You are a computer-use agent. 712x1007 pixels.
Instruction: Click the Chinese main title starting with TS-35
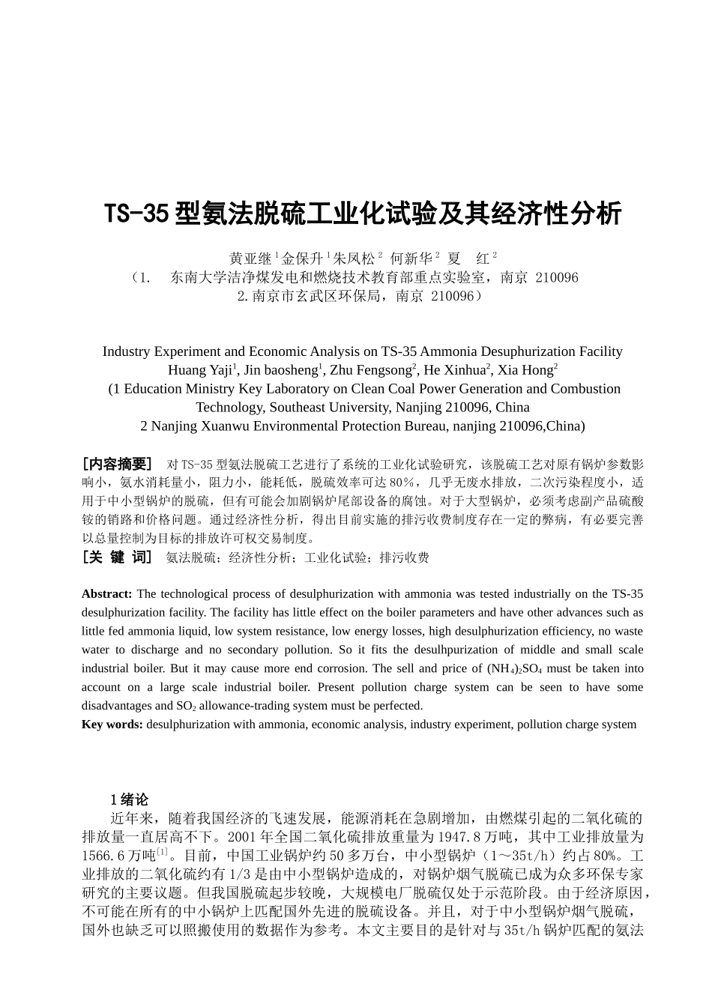click(x=362, y=214)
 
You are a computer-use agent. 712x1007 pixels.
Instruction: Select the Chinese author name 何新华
click(x=411, y=259)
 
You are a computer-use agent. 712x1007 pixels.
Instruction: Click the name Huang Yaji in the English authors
click(x=200, y=370)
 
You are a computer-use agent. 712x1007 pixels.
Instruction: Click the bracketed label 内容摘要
click(x=117, y=464)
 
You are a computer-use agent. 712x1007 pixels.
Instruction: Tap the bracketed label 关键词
click(x=117, y=557)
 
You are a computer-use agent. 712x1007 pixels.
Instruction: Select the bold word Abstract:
click(x=107, y=594)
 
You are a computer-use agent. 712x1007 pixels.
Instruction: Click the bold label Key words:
click(x=112, y=725)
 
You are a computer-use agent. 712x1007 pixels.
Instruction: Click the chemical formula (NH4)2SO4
click(x=514, y=669)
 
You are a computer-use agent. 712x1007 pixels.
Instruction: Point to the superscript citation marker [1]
click(x=162, y=852)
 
